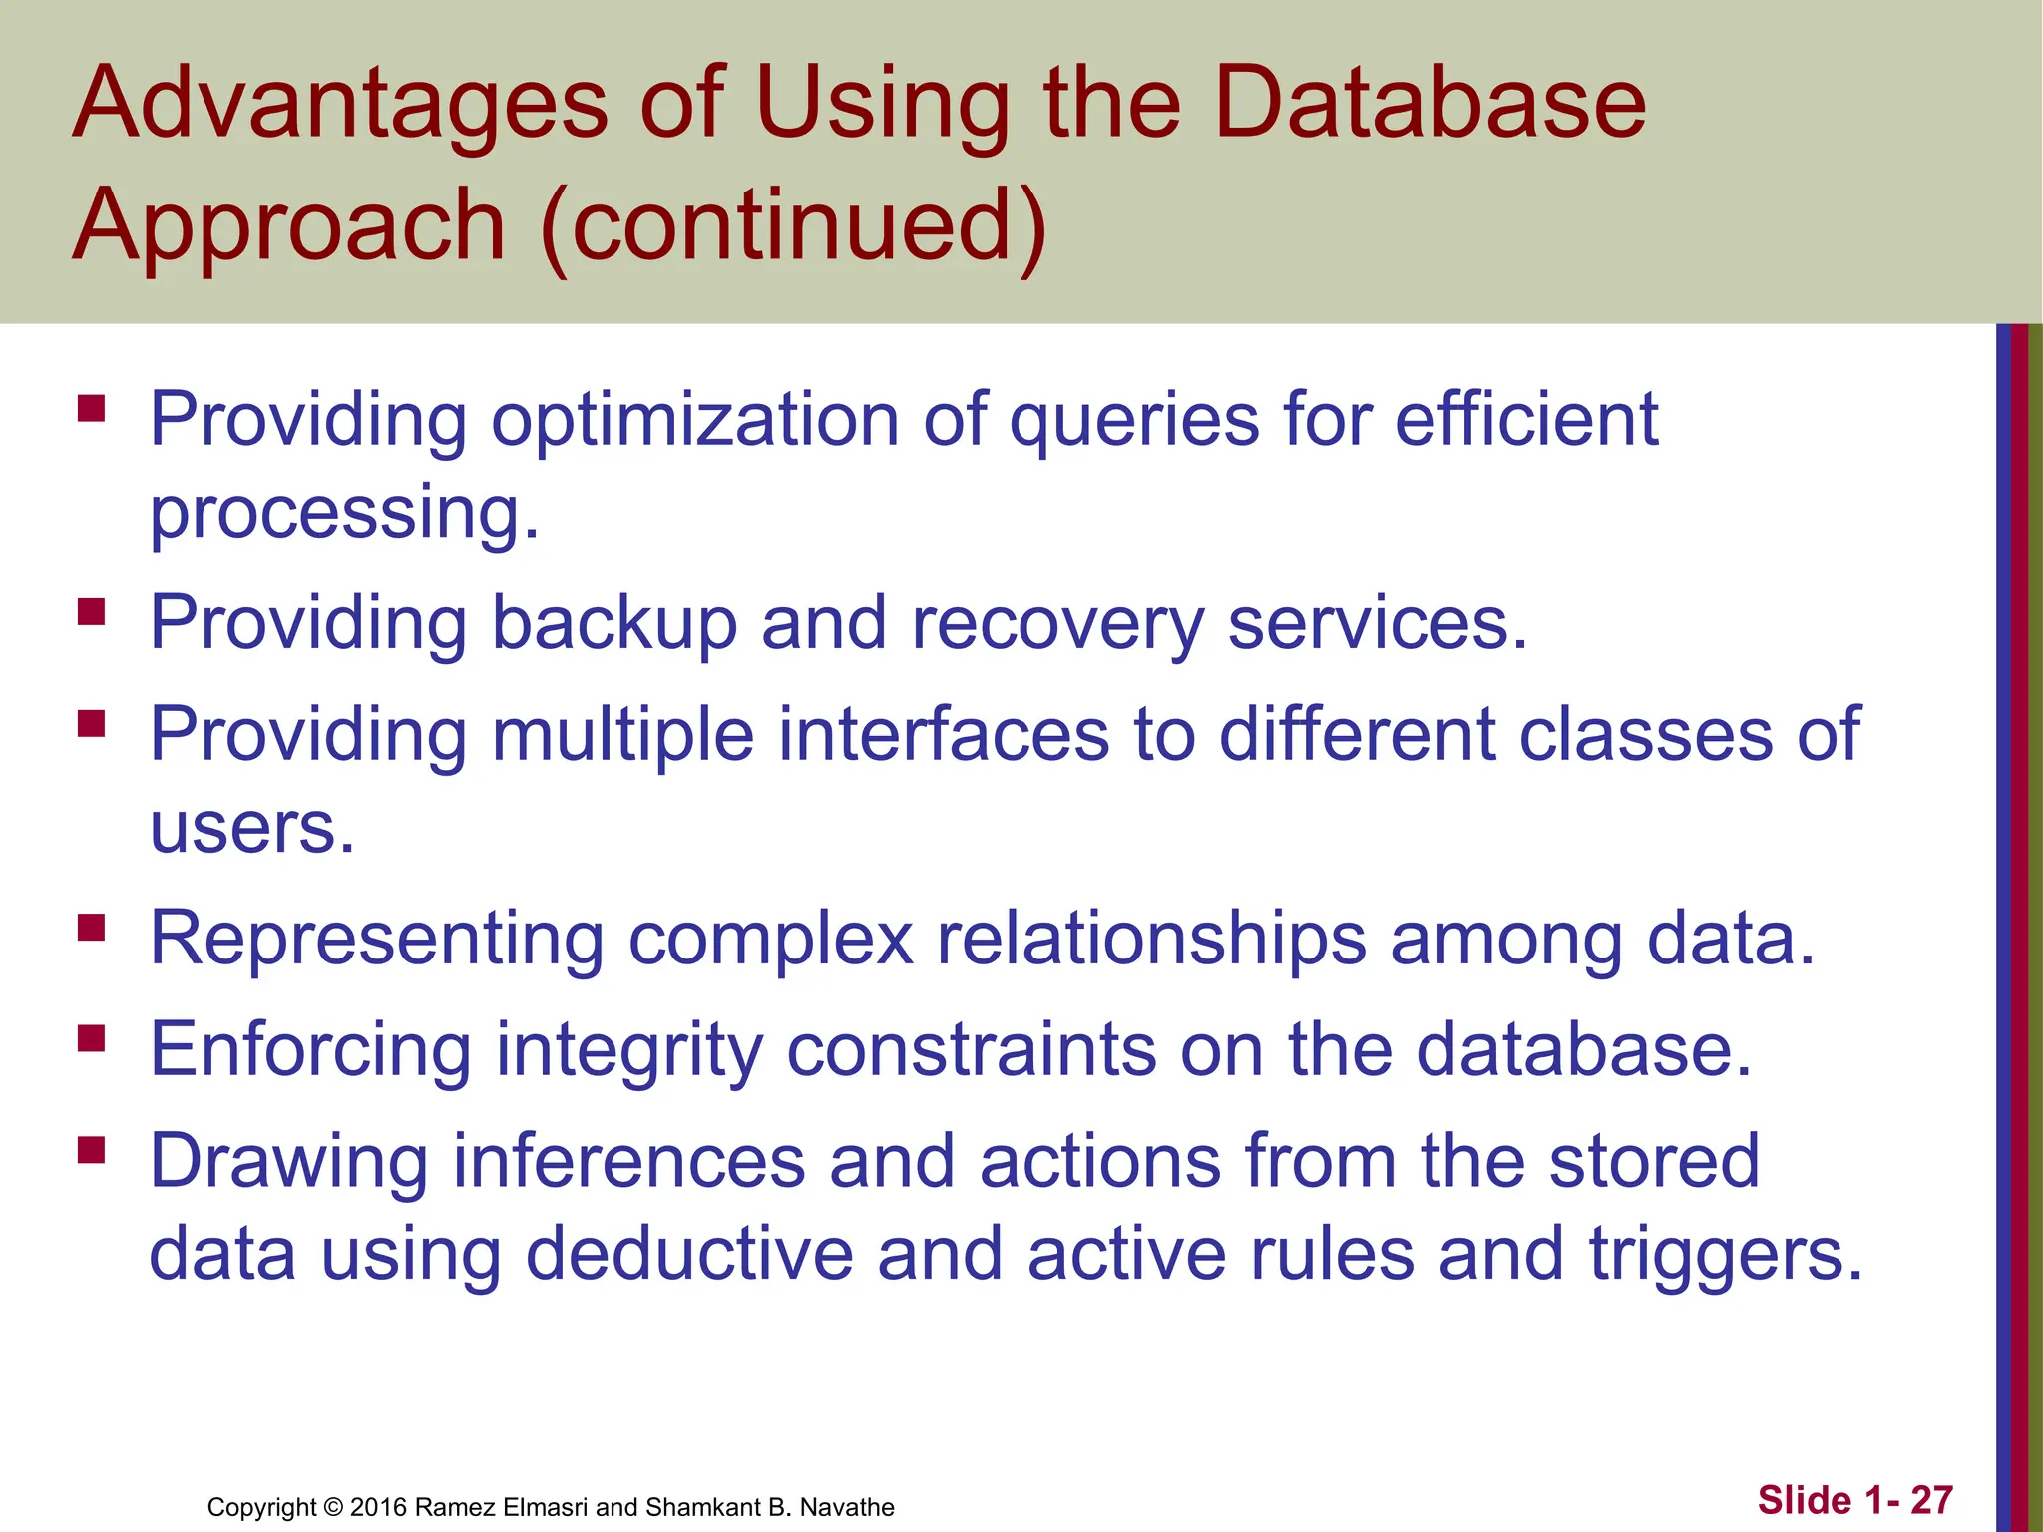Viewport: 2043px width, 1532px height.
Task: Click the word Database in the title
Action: (x=1429, y=104)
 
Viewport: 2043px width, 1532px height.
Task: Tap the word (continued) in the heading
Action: (x=793, y=226)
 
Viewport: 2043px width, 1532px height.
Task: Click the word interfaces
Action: (x=943, y=735)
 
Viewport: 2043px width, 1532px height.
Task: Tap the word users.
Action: (x=251, y=829)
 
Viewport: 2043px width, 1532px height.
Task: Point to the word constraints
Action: (x=972, y=1050)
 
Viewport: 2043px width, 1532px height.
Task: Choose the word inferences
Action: (x=628, y=1161)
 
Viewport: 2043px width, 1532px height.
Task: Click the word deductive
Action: (x=688, y=1254)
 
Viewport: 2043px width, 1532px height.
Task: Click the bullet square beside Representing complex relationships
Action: (x=92, y=928)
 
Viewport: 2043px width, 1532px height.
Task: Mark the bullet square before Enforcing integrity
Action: (x=92, y=1039)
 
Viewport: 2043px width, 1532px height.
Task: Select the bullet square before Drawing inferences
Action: (x=92, y=1150)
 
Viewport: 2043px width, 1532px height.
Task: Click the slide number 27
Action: (x=1931, y=1500)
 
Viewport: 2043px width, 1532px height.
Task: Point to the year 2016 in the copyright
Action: (x=378, y=1507)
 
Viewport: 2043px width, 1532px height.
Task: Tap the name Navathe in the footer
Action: (x=847, y=1507)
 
